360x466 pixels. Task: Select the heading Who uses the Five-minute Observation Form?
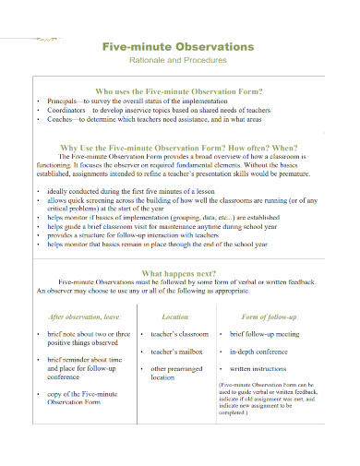(x=186, y=92)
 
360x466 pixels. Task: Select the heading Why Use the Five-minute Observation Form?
(x=186, y=148)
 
